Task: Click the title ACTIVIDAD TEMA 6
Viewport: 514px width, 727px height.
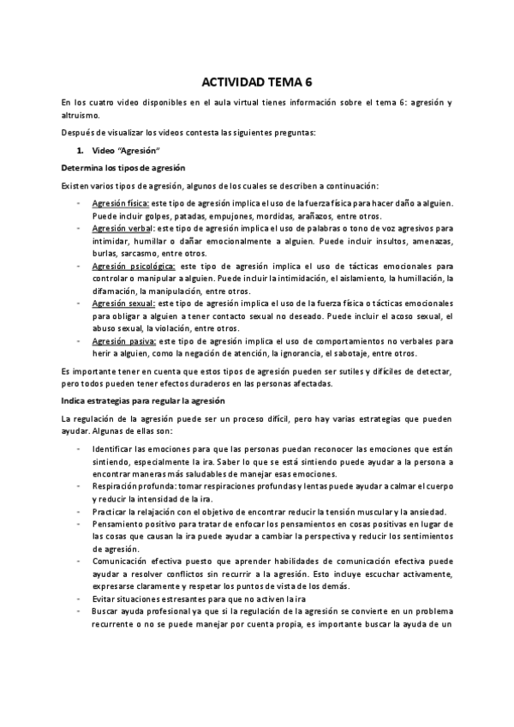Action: pyautogui.click(x=257, y=83)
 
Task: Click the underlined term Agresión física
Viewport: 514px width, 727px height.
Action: pyautogui.click(x=120, y=203)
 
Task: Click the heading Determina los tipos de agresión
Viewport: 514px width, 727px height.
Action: pyautogui.click(x=117, y=166)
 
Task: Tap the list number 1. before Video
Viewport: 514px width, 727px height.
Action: pyautogui.click(x=80, y=150)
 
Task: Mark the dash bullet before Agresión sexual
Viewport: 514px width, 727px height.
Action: pyautogui.click(x=79, y=303)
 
